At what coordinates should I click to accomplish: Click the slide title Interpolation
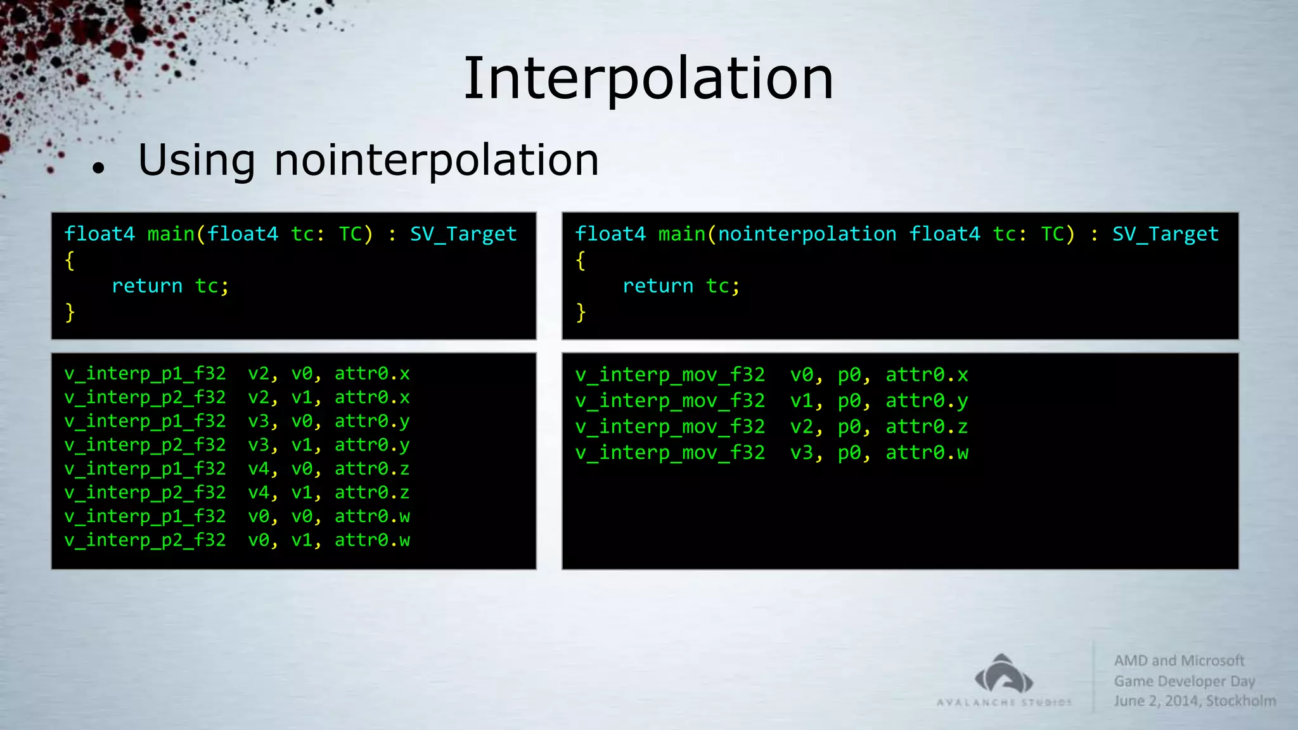[x=648, y=79]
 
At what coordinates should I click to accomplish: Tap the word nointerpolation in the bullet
[x=436, y=160]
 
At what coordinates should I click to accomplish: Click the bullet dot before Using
[x=98, y=168]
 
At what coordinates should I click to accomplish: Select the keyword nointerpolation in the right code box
[x=807, y=234]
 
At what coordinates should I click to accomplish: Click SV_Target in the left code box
[x=463, y=234]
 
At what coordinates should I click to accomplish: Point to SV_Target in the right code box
[x=1165, y=234]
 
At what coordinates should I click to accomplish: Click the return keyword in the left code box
[x=147, y=286]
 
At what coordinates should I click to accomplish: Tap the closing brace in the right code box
[x=581, y=312]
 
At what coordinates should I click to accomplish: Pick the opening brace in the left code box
[x=70, y=260]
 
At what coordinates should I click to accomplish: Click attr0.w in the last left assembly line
[x=372, y=540]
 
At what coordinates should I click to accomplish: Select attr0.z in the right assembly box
[x=927, y=426]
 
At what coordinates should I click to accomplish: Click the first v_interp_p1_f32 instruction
[x=145, y=373]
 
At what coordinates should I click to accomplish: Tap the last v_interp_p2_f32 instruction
[x=145, y=540]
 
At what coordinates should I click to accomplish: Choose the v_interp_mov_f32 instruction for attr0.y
[x=670, y=400]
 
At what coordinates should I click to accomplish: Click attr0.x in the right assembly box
[x=927, y=375]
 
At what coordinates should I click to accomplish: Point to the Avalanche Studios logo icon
[x=1004, y=674]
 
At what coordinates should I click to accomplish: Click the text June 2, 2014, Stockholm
[x=1195, y=701]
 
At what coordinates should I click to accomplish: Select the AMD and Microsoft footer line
[x=1179, y=660]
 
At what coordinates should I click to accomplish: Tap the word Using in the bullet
[x=196, y=160]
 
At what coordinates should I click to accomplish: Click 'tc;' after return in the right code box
[x=723, y=286]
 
